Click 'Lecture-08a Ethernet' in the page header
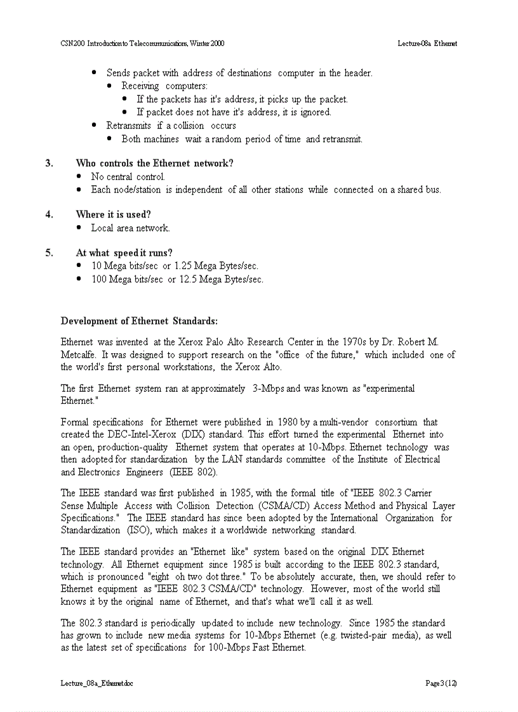[x=427, y=44]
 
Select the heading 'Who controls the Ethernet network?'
[x=154, y=164]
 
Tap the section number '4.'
[x=49, y=214]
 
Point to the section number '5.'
[x=49, y=253]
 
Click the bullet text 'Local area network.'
[x=130, y=228]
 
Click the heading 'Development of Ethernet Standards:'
[x=139, y=321]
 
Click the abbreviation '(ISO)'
[x=138, y=530]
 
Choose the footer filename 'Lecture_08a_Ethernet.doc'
[x=96, y=683]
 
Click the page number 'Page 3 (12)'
[x=441, y=683]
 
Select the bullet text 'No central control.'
[x=128, y=177]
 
